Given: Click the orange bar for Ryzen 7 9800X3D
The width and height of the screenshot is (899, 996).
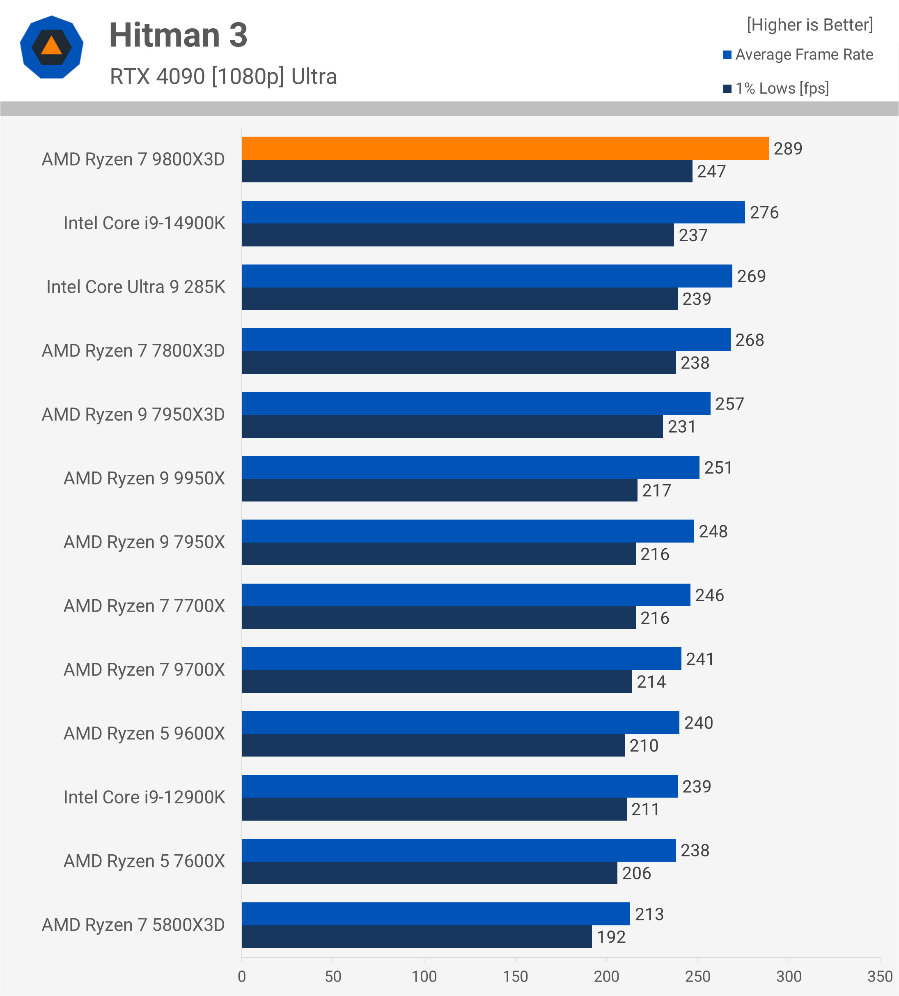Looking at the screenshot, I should coord(505,148).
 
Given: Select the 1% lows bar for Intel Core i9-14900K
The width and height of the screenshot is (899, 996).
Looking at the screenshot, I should coord(458,235).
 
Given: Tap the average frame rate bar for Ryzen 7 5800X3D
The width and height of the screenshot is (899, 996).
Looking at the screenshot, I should coord(436,913).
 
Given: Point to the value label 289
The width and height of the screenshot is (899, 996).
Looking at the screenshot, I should coord(787,149).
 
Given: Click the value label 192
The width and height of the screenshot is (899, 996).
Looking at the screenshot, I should coord(611,937).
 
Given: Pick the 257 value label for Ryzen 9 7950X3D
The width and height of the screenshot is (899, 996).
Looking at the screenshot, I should coord(729,404).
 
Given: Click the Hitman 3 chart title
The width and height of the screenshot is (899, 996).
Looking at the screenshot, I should coord(178,36).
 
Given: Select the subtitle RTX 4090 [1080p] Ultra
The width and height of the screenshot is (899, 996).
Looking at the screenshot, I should coord(223,76).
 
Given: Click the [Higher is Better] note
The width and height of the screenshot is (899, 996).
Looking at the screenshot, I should coord(810,25).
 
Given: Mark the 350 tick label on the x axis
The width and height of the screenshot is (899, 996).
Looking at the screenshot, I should coord(880,977).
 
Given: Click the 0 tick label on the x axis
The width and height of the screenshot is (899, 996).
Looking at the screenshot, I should coord(242,977).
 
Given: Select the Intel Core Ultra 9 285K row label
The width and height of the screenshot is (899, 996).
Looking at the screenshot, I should coord(136,287).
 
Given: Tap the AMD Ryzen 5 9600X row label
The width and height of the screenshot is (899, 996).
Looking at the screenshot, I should coord(144,734).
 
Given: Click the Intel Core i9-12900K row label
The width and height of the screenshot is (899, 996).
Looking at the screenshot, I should coord(144,797).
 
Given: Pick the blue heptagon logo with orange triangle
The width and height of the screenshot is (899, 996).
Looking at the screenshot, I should coord(51,47).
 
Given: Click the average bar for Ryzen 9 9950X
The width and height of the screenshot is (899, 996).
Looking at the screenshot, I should coord(470,467).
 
